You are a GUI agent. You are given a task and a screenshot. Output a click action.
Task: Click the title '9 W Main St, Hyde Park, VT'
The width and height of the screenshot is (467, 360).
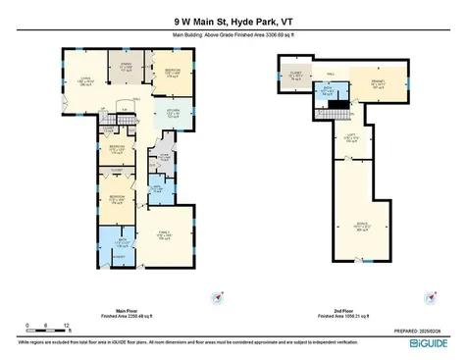coord(233,18)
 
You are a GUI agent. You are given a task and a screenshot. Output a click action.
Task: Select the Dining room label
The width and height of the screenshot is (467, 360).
coord(125,67)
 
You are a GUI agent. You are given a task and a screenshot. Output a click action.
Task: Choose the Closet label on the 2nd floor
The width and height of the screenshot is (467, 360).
coord(295,74)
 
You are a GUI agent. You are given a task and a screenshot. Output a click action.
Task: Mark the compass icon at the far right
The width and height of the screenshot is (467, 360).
coord(430,296)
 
